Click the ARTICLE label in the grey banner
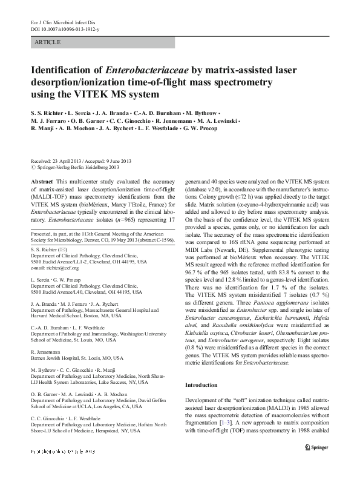48,42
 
